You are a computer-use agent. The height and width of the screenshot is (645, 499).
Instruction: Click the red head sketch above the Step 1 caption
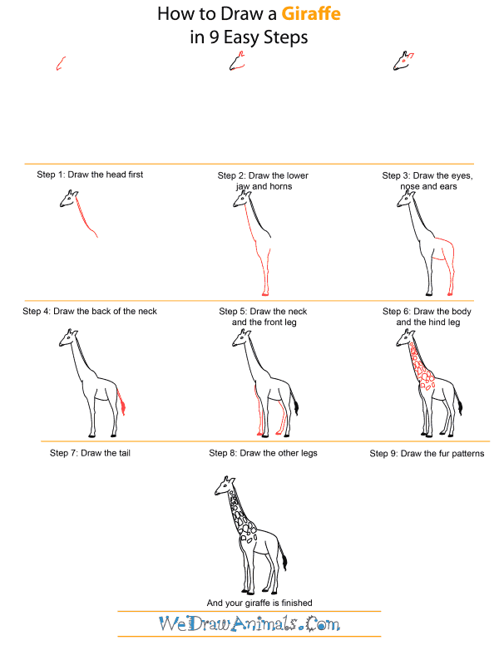point(60,63)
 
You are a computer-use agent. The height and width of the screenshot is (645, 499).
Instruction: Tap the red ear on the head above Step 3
point(410,57)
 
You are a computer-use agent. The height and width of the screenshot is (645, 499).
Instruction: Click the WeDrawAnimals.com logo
point(249,623)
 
